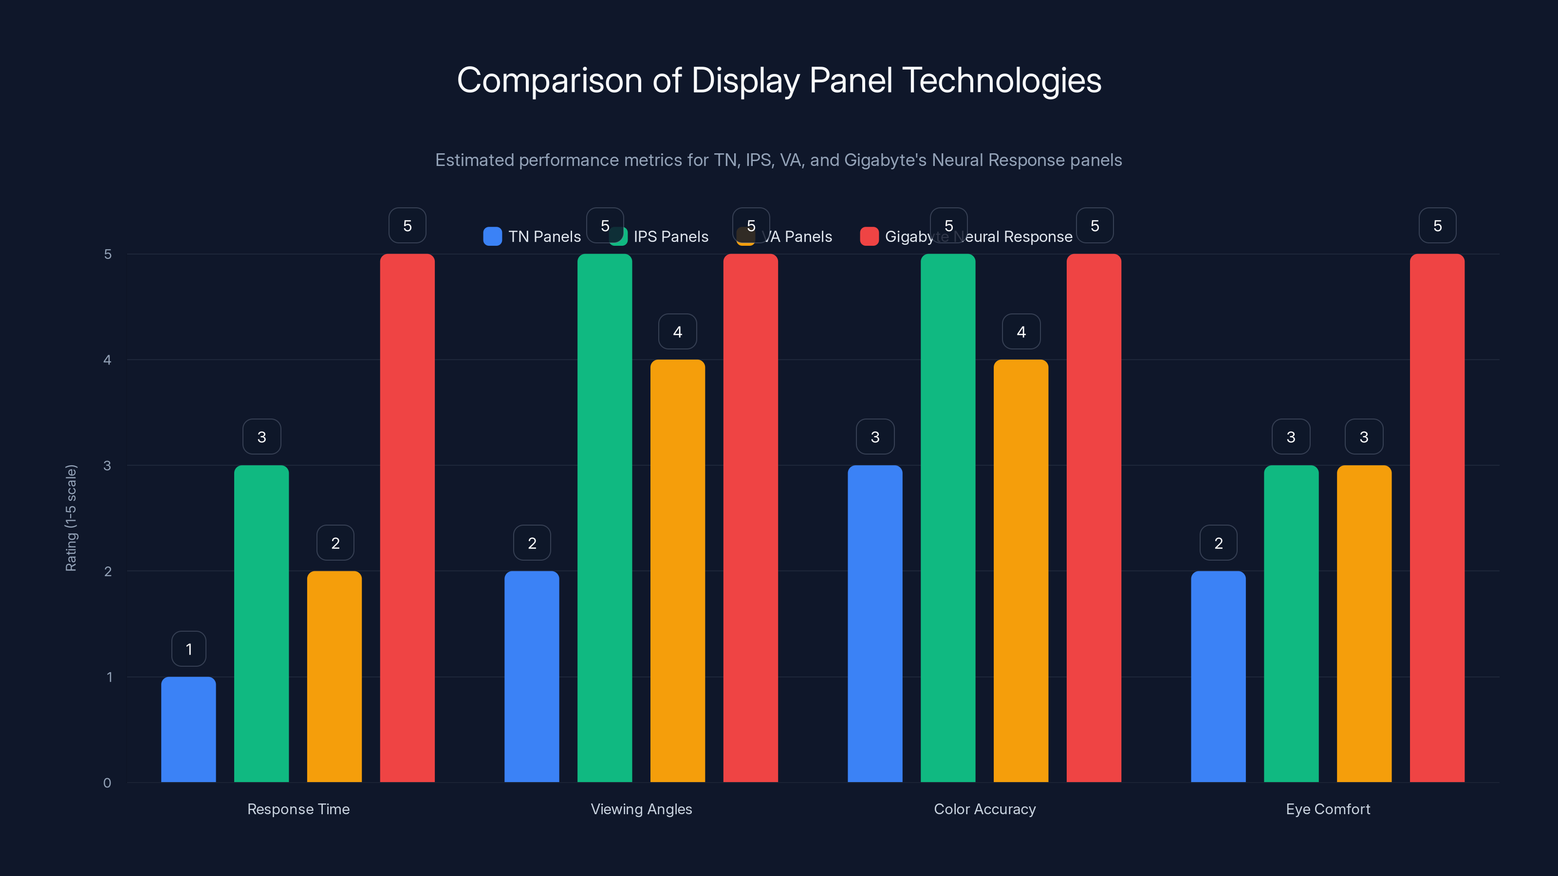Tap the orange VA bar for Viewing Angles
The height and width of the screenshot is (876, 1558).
[677, 571]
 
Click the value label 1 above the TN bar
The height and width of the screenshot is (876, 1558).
[189, 649]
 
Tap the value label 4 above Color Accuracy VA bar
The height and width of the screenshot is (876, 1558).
[1021, 331]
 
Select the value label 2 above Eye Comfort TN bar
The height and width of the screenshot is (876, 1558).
[1218, 543]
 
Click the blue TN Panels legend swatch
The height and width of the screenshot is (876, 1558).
[492, 237]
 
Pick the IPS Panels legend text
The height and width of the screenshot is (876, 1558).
[671, 237]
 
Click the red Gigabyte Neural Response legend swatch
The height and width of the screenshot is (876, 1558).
[869, 237]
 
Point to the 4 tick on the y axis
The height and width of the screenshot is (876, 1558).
[107, 360]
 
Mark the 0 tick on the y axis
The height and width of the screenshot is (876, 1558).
[107, 783]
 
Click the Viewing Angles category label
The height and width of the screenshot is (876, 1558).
[641, 809]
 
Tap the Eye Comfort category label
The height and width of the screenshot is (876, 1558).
[1328, 809]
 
